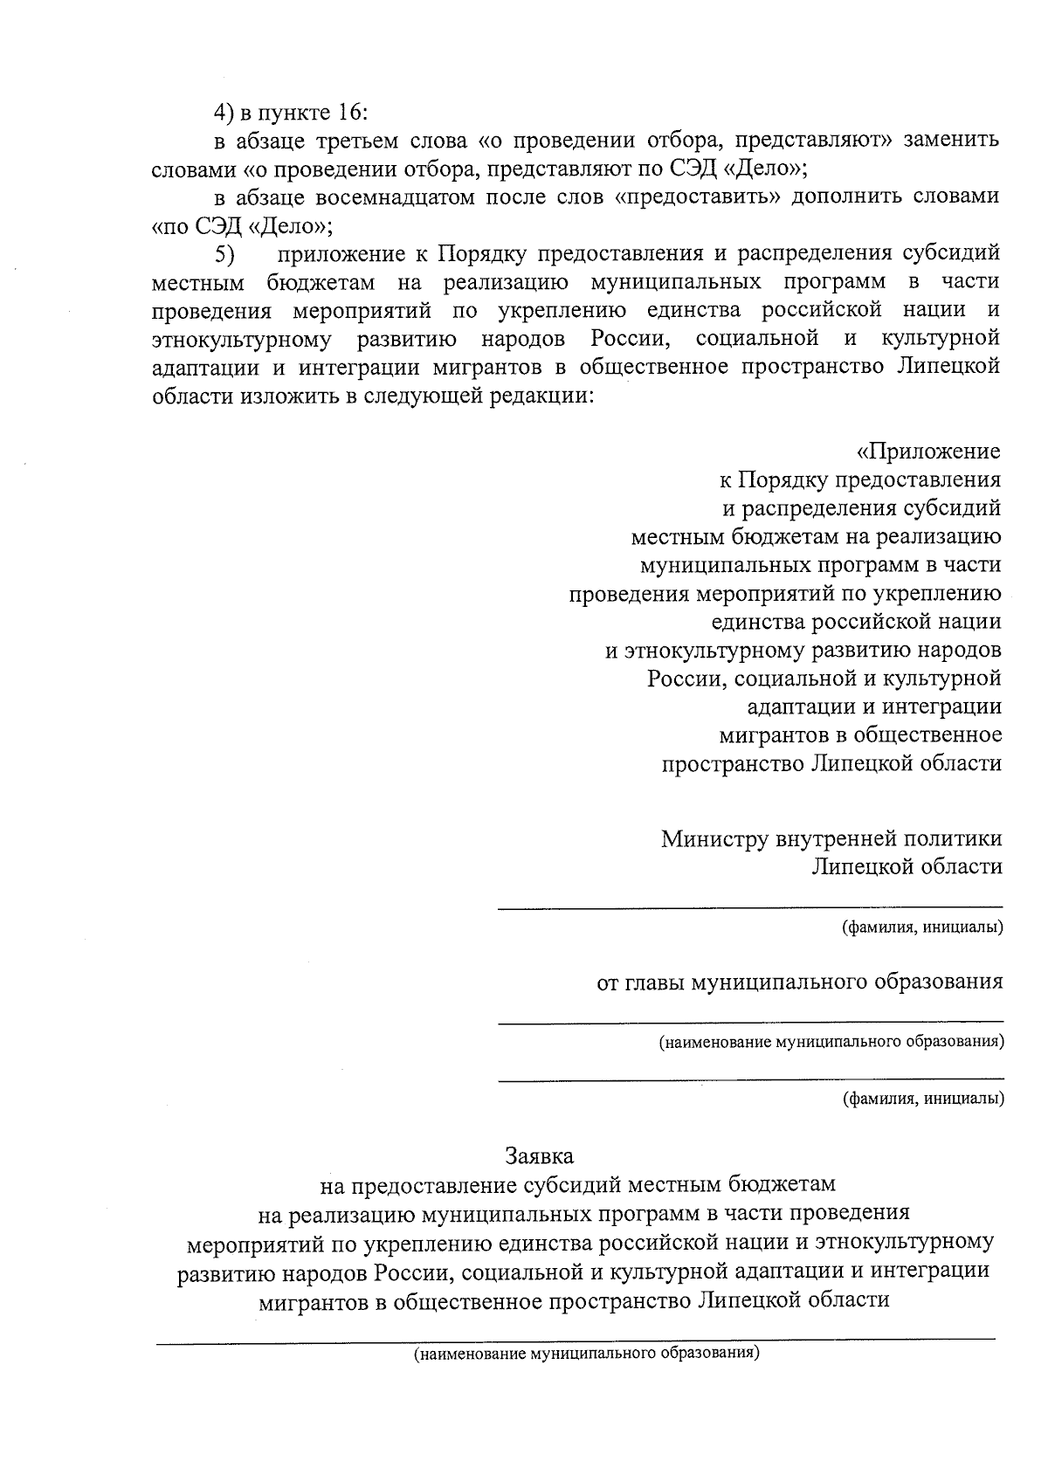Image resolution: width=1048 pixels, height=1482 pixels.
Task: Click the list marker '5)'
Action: click(225, 254)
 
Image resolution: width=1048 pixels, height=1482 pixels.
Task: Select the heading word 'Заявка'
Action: click(540, 1155)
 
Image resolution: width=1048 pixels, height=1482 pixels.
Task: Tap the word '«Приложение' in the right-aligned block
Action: click(927, 451)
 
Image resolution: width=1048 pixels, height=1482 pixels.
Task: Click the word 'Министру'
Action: click(714, 838)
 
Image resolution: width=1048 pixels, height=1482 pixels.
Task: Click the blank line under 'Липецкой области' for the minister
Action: click(749, 908)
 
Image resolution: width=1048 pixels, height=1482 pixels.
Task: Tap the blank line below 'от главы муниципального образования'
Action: click(749, 1021)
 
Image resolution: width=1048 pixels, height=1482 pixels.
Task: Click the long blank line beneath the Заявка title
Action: click(575, 1339)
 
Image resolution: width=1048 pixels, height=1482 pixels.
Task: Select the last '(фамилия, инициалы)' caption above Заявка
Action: click(921, 1098)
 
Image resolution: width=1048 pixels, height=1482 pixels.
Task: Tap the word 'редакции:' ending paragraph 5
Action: click(541, 395)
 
